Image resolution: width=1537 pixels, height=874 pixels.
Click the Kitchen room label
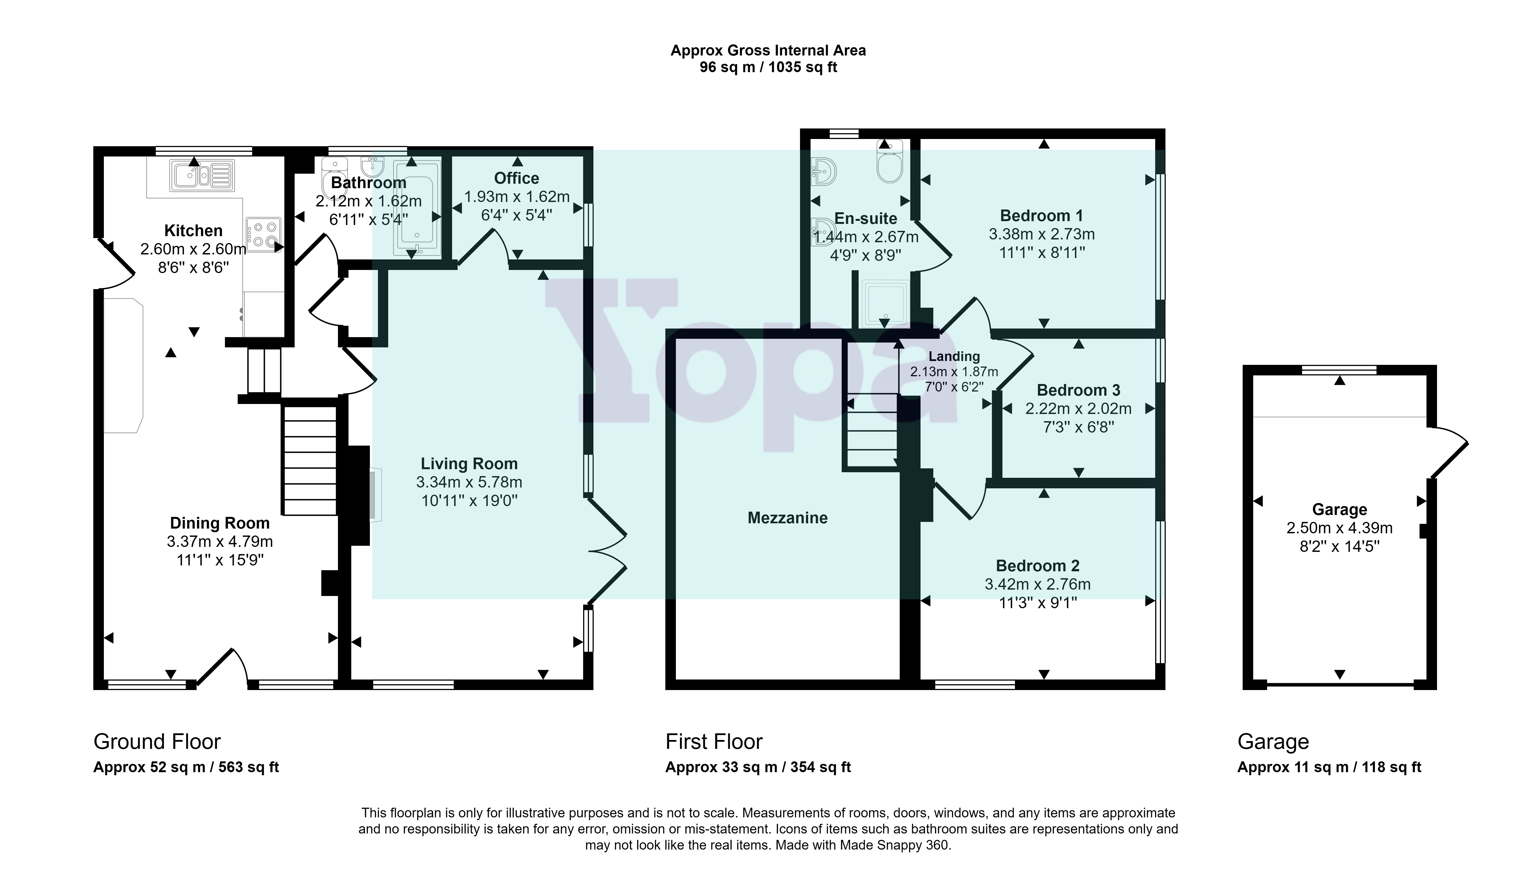(x=193, y=231)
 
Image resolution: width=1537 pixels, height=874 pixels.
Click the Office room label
(x=516, y=178)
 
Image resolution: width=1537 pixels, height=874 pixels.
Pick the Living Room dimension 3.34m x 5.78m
(x=469, y=482)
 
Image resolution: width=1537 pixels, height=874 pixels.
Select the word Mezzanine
(x=788, y=518)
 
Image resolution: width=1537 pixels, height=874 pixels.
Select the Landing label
(x=954, y=357)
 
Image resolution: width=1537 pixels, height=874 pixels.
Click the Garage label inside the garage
(x=1339, y=510)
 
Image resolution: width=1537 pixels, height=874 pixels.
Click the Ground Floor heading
(x=157, y=742)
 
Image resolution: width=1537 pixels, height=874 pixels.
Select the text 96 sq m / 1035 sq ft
(x=768, y=67)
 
